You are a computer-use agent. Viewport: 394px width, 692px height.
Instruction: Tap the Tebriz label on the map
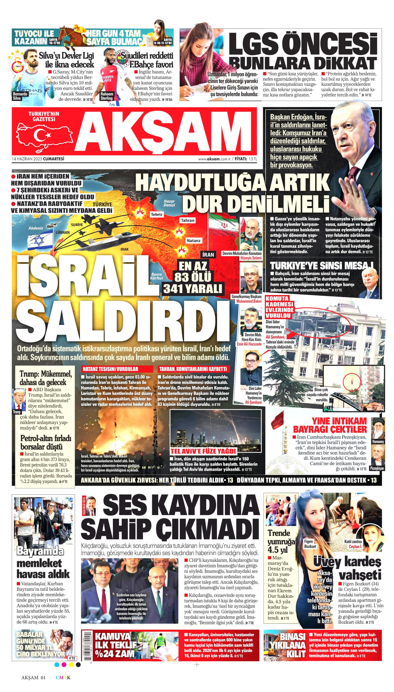157,214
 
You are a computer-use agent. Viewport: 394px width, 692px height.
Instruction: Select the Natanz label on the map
194,241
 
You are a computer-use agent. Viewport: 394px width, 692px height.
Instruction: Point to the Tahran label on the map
187,220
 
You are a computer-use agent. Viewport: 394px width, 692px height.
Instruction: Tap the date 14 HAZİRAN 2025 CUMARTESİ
38,159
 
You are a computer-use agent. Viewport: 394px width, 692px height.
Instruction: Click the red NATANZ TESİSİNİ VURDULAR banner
117,369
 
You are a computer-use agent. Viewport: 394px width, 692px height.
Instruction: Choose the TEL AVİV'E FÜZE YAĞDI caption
203,451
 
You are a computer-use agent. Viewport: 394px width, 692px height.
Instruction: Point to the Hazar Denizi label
169,203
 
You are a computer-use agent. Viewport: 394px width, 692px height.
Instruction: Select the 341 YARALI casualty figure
193,289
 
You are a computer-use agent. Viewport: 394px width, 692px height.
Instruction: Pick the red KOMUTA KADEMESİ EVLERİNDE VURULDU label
280,307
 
